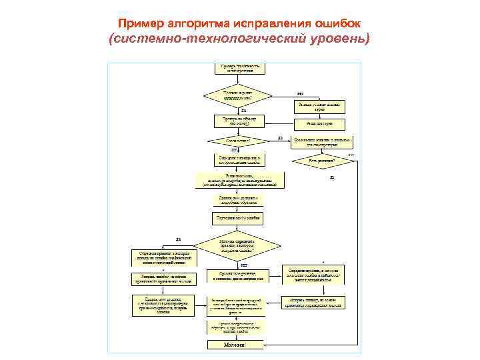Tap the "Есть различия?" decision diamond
click(321, 161)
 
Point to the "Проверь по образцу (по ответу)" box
click(238, 121)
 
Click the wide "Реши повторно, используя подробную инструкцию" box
click(238, 180)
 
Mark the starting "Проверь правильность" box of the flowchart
click(238, 68)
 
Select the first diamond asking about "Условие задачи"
click(238, 94)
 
